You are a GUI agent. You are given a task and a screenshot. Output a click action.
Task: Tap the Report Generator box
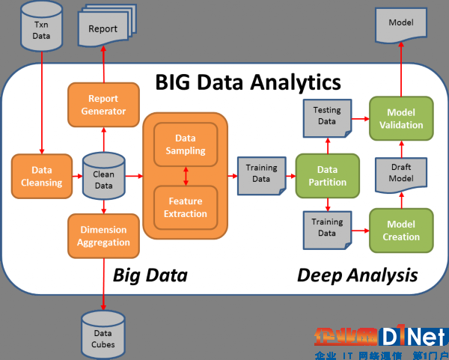coord(103,105)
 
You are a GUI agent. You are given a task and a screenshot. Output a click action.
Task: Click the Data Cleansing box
coord(37,177)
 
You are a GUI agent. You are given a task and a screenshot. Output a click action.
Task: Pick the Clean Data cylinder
coord(103,176)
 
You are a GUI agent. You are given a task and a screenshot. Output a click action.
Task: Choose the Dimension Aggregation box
coord(103,235)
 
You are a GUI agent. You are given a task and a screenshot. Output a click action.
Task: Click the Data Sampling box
coord(185,144)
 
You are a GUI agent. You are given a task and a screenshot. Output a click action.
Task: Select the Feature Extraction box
coord(185,207)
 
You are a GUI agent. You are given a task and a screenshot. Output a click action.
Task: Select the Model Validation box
coord(400,118)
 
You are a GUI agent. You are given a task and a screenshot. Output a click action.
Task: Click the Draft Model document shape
coord(400,175)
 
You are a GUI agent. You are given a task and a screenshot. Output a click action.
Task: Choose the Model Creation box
coord(400,231)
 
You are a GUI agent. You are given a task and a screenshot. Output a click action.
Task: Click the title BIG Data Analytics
coord(248,81)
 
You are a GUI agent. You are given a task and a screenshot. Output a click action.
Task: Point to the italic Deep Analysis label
coord(357,275)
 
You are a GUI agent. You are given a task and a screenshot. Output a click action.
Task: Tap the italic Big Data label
coord(150,275)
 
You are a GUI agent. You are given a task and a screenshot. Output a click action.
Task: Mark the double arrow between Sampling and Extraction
coord(185,176)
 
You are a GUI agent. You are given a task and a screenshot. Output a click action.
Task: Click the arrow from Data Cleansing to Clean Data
coord(73,177)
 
